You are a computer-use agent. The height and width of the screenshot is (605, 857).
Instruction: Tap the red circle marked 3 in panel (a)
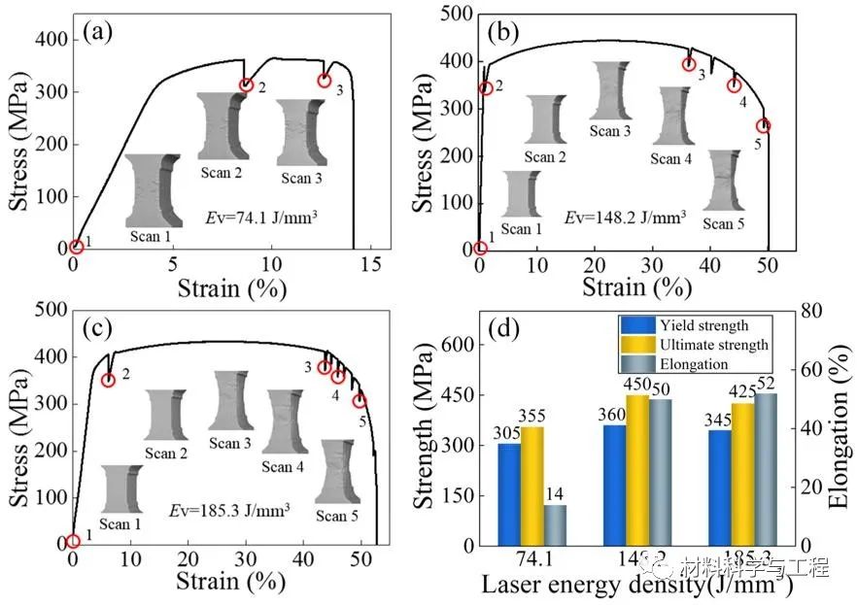[324, 80]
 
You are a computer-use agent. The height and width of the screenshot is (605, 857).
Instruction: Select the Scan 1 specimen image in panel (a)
[153, 190]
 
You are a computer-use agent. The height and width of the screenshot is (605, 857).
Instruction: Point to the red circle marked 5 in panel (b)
[764, 126]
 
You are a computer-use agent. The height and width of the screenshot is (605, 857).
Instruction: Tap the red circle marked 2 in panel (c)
[108, 380]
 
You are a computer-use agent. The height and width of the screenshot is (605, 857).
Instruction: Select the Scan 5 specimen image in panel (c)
[334, 471]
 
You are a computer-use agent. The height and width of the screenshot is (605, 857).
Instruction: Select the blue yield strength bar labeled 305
[509, 494]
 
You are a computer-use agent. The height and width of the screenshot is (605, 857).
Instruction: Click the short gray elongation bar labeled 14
[555, 524]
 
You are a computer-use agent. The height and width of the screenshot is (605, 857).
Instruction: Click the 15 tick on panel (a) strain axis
[371, 264]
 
